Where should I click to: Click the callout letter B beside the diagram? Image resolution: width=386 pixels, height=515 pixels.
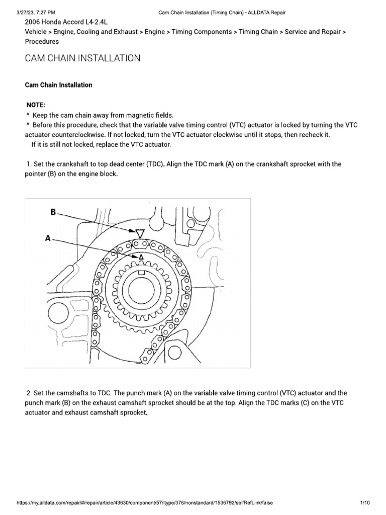point(53,212)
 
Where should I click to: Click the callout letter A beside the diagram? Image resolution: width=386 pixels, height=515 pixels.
point(48,239)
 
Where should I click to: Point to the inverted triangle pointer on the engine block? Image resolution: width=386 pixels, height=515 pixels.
point(140,233)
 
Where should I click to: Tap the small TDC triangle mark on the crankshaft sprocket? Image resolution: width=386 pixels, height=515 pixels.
point(141,256)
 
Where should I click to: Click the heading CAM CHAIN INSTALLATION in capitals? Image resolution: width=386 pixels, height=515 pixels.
point(82,59)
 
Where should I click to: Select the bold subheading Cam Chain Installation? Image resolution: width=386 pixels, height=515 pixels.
point(58,85)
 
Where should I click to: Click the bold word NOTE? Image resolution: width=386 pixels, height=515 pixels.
point(36,105)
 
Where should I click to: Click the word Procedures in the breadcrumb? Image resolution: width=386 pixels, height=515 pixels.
point(43,42)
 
